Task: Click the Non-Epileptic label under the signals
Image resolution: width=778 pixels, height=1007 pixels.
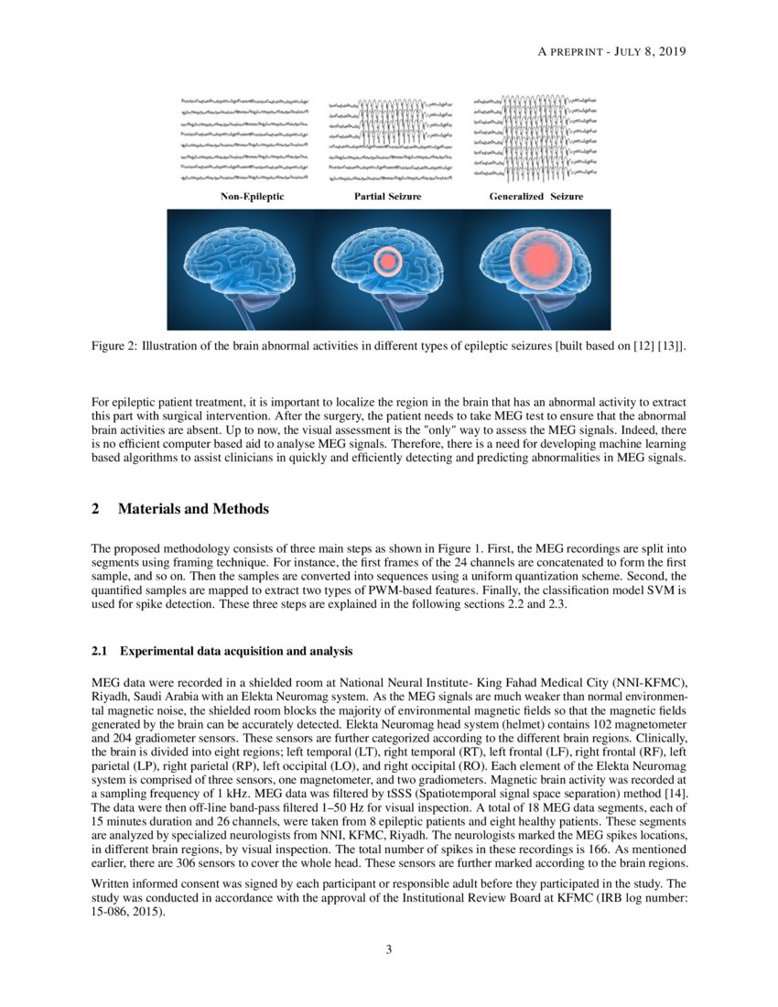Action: [x=252, y=197]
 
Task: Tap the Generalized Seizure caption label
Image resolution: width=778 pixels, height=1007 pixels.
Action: [x=536, y=197]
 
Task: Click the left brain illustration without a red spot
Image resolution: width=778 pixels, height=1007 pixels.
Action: [x=240, y=265]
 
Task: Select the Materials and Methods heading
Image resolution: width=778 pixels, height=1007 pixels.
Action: [x=193, y=508]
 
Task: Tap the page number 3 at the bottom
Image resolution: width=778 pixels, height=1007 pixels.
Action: [x=389, y=949]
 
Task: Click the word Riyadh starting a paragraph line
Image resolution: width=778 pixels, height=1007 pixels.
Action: [x=112, y=695]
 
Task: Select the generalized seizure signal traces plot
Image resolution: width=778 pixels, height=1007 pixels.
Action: [x=536, y=137]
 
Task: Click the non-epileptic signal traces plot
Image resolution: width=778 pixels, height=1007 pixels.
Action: [x=244, y=137]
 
